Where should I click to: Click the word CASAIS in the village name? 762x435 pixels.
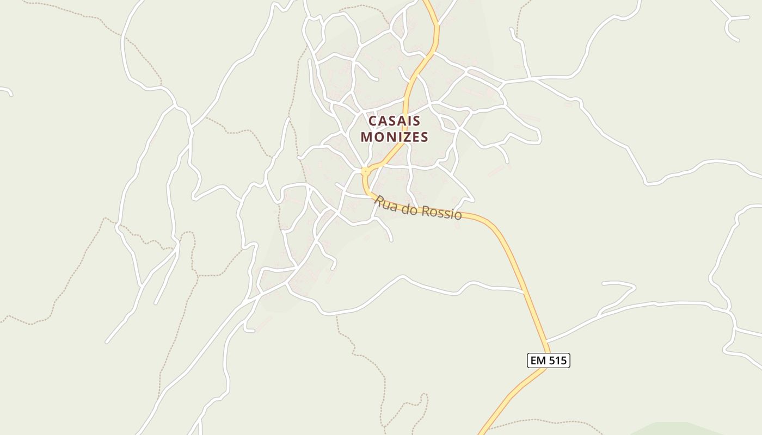pyautogui.click(x=395, y=120)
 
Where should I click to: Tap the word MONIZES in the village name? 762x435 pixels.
pyautogui.click(x=395, y=137)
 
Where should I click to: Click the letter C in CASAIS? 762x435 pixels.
pyautogui.click(x=373, y=120)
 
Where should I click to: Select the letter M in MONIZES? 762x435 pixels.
pyautogui.click(x=366, y=137)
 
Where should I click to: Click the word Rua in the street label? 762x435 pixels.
pyautogui.click(x=385, y=203)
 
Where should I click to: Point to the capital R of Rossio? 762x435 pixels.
pyautogui.click(x=425, y=210)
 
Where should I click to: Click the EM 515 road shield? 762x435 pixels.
pyautogui.click(x=548, y=360)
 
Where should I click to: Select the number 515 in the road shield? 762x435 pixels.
pyautogui.click(x=557, y=360)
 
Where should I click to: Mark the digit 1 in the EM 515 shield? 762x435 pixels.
pyautogui.click(x=557, y=360)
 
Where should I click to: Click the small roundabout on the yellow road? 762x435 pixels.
pyautogui.click(x=365, y=171)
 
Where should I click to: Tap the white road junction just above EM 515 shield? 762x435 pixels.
pyautogui.click(x=546, y=341)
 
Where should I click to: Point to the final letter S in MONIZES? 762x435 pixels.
pyautogui.click(x=424, y=137)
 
